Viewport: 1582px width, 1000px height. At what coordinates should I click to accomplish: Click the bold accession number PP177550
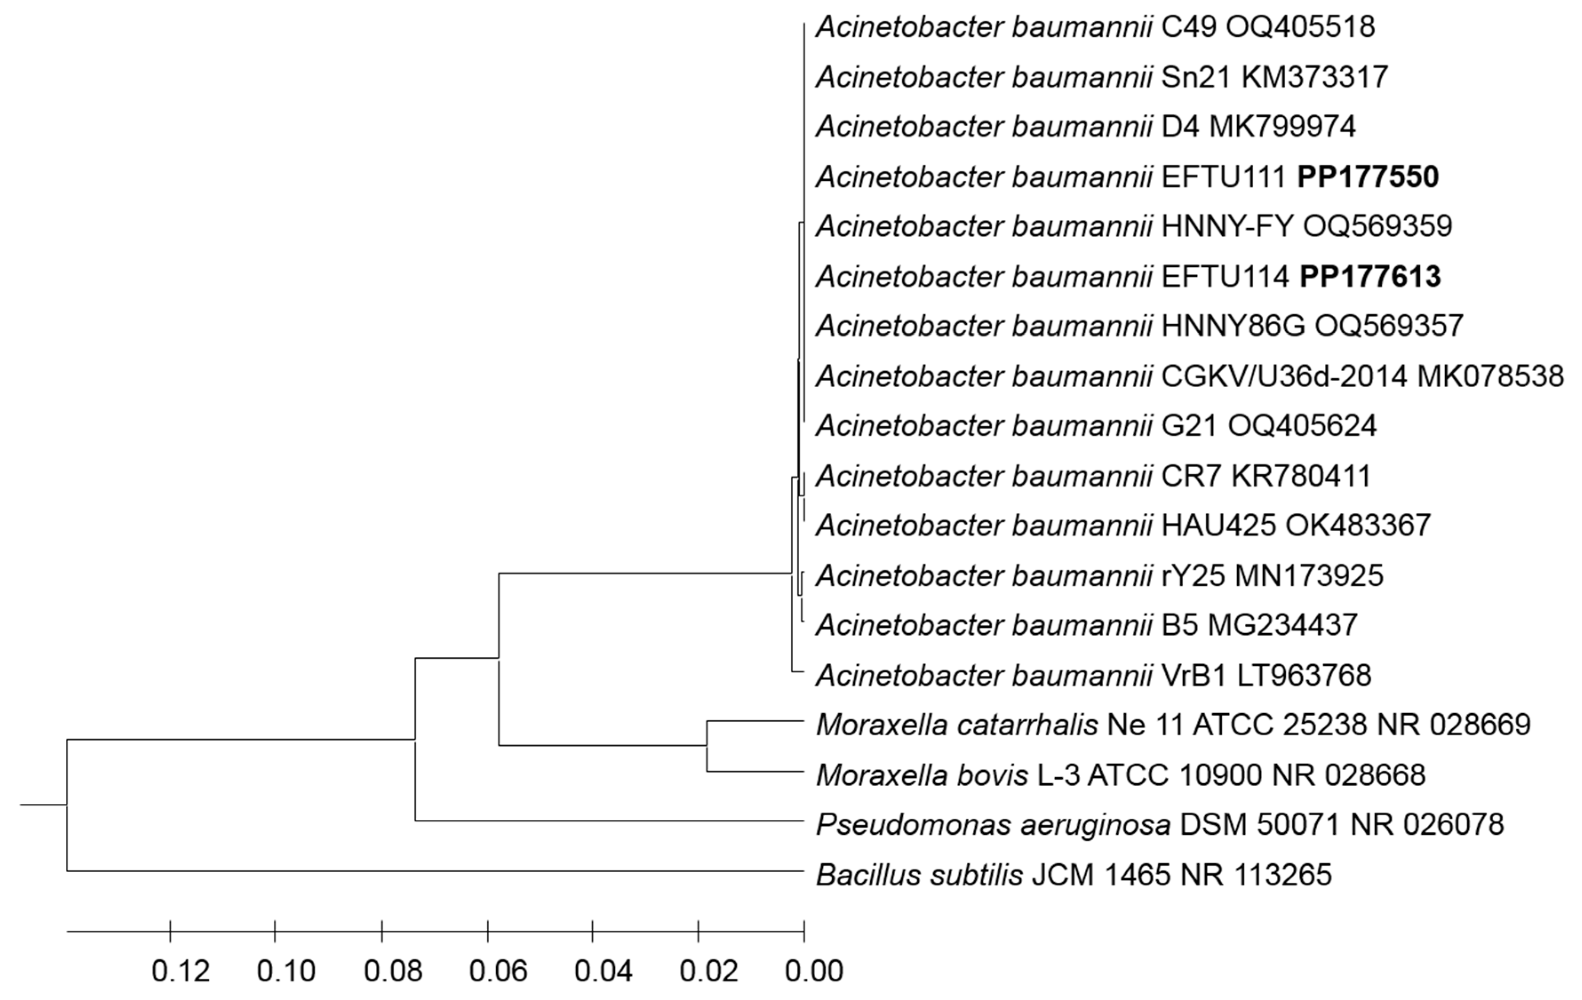(1368, 177)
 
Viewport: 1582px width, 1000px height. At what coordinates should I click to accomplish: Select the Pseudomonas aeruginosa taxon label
(992, 825)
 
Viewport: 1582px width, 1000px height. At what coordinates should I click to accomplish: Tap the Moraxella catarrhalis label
(956, 725)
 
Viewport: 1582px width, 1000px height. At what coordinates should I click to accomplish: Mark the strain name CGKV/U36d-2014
(1284, 376)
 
